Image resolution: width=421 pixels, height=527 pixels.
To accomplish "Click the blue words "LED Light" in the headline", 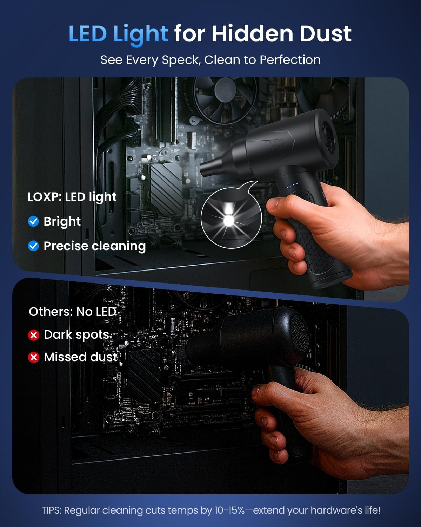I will click(x=118, y=34).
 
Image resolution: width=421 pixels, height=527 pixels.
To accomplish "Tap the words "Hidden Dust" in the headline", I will click(x=281, y=34).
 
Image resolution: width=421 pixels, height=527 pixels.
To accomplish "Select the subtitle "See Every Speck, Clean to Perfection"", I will click(x=210, y=60).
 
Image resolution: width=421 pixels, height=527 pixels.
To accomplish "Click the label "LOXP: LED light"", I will click(x=72, y=197).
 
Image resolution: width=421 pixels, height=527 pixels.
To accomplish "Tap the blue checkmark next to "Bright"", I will click(x=33, y=221).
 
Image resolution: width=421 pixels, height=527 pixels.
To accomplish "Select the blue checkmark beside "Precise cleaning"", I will click(x=33, y=246).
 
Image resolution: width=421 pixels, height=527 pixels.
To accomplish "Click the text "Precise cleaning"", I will click(x=94, y=246).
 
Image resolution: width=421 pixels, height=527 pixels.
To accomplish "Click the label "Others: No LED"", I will click(x=72, y=312).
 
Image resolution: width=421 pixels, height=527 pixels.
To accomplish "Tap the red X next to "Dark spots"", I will click(x=34, y=335).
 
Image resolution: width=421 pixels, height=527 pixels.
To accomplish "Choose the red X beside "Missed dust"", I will click(x=34, y=358).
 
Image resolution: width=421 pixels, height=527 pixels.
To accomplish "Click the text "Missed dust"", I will click(x=81, y=357).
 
